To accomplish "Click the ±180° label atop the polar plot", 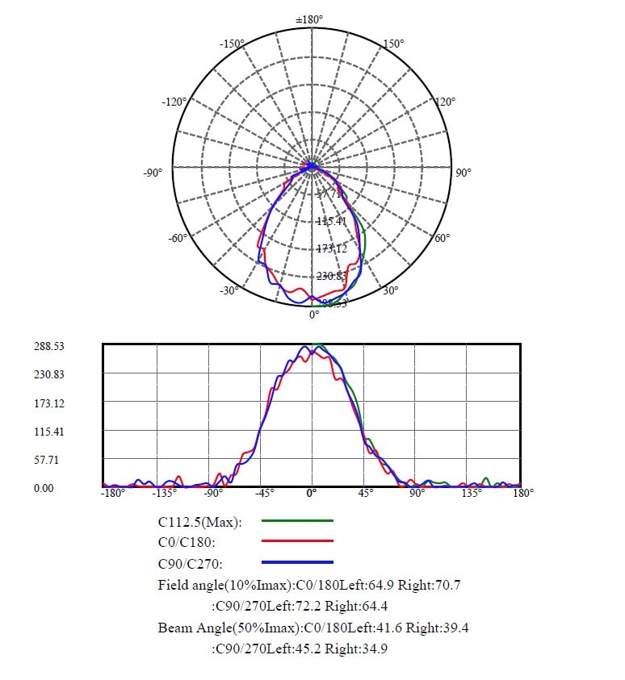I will pos(310,19).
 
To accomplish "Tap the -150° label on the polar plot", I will pos(232,43).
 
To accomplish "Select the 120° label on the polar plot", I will pos(446,102).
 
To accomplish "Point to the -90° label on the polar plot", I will pos(153,172).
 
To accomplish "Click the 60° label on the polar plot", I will pos(443,239).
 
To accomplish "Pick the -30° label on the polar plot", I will pos(229,290).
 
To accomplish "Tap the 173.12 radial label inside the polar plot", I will pos(332,248).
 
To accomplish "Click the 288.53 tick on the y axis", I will pos(49,346).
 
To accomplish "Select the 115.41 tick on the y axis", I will pos(49,432).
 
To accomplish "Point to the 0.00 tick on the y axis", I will pos(44,488).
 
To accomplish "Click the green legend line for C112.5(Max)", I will pos(298,522).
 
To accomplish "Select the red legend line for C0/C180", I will pos(298,541).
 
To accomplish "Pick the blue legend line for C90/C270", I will pos(298,561).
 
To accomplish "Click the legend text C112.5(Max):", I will pos(201,522).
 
